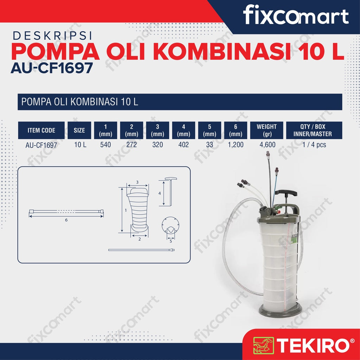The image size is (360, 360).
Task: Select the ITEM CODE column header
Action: click(41, 130)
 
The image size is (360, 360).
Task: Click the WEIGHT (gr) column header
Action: click(266, 130)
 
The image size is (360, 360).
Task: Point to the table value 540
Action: click(105, 144)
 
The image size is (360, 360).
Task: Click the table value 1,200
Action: click(236, 144)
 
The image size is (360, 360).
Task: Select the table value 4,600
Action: click(267, 144)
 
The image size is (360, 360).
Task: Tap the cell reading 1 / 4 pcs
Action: click(314, 144)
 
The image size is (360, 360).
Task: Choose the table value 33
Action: click(210, 144)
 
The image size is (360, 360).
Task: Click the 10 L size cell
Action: click(80, 144)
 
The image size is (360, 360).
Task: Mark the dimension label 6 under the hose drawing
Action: click(66, 220)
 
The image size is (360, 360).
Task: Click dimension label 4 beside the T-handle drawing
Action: click(160, 193)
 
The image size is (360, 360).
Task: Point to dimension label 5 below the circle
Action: click(171, 241)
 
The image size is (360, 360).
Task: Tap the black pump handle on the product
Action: click(286, 193)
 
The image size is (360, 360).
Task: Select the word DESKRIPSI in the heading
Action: click(52, 36)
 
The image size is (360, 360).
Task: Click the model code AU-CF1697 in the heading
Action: click(52, 68)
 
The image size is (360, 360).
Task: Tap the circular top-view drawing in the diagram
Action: click(171, 225)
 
